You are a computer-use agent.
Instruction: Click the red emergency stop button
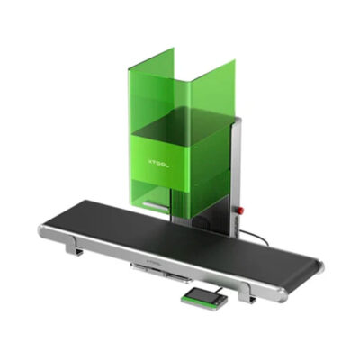click(x=239, y=209)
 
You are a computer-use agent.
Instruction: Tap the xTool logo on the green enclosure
click(x=159, y=163)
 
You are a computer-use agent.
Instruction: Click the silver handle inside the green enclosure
click(x=156, y=206)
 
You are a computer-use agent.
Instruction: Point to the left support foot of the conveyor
click(x=74, y=245)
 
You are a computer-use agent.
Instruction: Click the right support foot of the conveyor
click(x=246, y=292)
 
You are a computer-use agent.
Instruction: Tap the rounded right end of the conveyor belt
click(x=319, y=267)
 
